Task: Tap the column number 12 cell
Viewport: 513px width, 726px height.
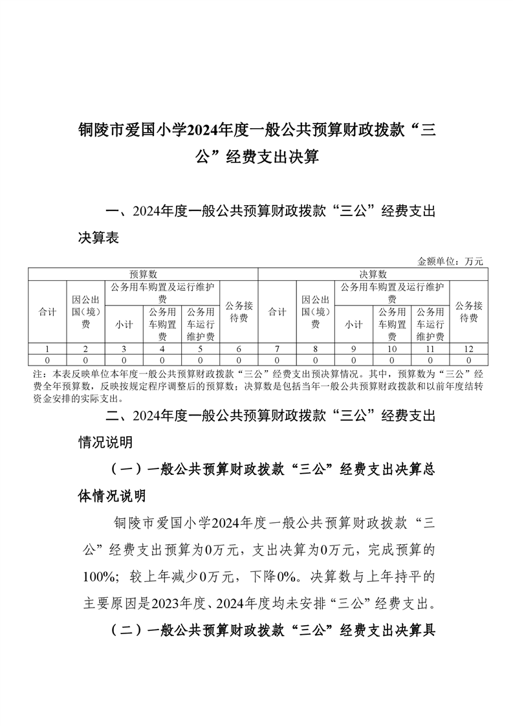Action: (x=468, y=349)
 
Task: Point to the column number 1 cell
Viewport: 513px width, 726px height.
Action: (x=47, y=349)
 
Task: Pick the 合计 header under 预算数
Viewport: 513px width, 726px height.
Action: (x=47, y=312)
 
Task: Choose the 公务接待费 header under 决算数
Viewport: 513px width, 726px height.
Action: (x=468, y=312)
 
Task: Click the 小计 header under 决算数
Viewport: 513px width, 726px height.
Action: (x=353, y=325)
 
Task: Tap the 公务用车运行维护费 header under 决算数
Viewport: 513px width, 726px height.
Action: (x=430, y=324)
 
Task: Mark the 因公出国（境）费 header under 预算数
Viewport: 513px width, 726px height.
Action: (x=85, y=312)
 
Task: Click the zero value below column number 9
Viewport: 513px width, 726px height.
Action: (x=353, y=359)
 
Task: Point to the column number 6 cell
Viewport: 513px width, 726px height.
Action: (x=239, y=349)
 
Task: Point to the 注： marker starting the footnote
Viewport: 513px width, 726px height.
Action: (x=39, y=374)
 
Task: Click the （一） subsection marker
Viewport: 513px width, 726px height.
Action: (x=126, y=470)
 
